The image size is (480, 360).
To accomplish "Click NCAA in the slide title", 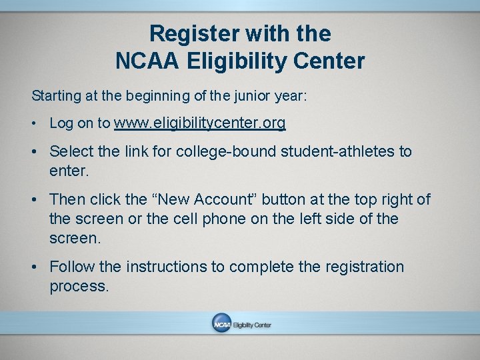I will click(x=147, y=61).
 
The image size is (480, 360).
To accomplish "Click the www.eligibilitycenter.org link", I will click(x=200, y=123).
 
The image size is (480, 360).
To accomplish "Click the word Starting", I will click(x=56, y=96).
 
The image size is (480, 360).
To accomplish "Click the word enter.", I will click(x=69, y=171).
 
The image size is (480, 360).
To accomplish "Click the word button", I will click(x=288, y=199).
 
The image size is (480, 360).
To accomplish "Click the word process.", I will click(x=78, y=287).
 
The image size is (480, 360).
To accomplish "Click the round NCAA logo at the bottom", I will click(x=221, y=323).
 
